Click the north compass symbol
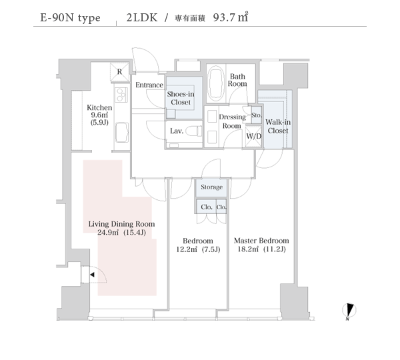(349, 311)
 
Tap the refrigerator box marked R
(119, 72)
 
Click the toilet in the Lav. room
(194, 131)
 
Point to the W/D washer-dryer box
(253, 136)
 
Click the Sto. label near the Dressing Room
(257, 115)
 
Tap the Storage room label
(211, 187)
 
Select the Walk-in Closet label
(278, 126)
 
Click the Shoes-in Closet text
(181, 98)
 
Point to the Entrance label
(149, 85)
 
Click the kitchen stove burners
(121, 95)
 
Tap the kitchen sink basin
(122, 133)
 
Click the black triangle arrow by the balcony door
(92, 275)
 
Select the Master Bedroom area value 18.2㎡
(248, 249)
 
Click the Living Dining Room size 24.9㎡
(108, 233)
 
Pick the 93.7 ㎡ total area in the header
(231, 17)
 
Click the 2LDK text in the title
(142, 17)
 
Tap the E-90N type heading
(70, 18)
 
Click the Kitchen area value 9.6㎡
(99, 115)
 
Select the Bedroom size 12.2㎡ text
(187, 249)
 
